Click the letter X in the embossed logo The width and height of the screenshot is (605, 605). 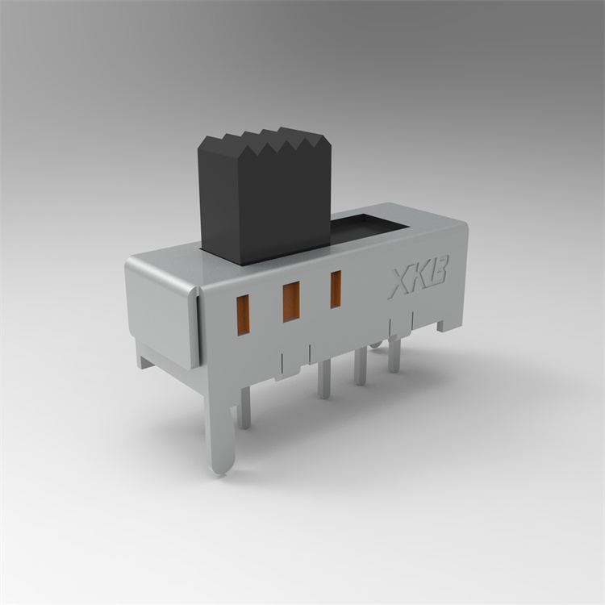point(400,282)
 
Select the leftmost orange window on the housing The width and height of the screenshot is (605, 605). point(243,315)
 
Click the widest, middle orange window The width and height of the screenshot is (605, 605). point(291,302)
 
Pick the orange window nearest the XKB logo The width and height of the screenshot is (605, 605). point(336,290)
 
